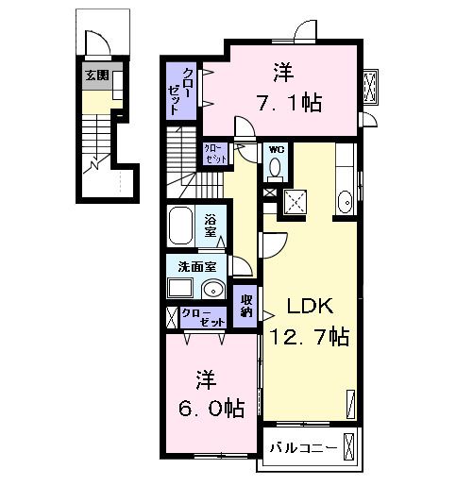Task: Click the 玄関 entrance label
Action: [x=95, y=75]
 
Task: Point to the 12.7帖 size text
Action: [x=307, y=336]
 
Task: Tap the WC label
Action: [x=277, y=149]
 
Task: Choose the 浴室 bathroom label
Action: [x=212, y=226]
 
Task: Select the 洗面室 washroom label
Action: [x=193, y=266]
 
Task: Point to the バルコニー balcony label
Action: [x=301, y=448]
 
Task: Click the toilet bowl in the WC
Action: [x=276, y=168]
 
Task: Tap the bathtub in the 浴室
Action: [x=185, y=227]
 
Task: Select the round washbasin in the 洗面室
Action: [x=213, y=290]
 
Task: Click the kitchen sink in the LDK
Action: [x=345, y=200]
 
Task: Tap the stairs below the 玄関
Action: [x=96, y=142]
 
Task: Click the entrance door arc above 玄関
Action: [x=98, y=42]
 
